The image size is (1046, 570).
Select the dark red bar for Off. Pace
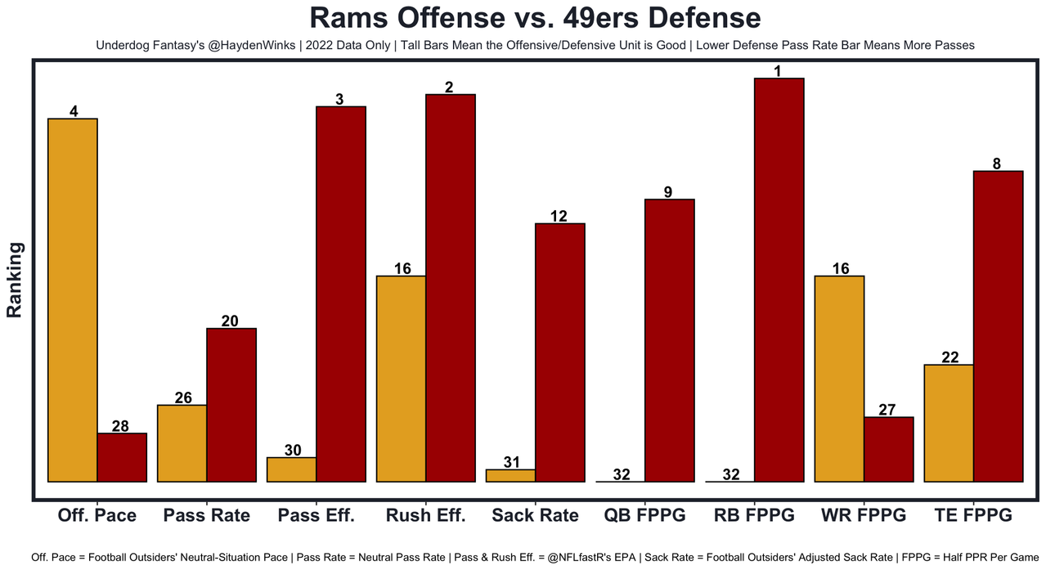click(122, 457)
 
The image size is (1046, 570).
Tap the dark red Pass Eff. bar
click(341, 294)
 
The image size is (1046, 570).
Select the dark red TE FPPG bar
click(998, 326)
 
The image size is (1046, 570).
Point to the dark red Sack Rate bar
click(559, 352)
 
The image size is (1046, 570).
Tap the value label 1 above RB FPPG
click(779, 71)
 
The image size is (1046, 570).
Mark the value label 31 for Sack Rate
click(511, 462)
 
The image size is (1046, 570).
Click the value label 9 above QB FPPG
click(669, 192)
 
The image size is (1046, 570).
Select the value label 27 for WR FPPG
click(888, 410)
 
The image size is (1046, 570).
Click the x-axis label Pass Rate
click(206, 515)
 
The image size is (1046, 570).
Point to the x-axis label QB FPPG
click(644, 515)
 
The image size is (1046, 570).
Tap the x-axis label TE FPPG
click(973, 515)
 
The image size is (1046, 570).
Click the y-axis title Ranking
click(15, 280)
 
